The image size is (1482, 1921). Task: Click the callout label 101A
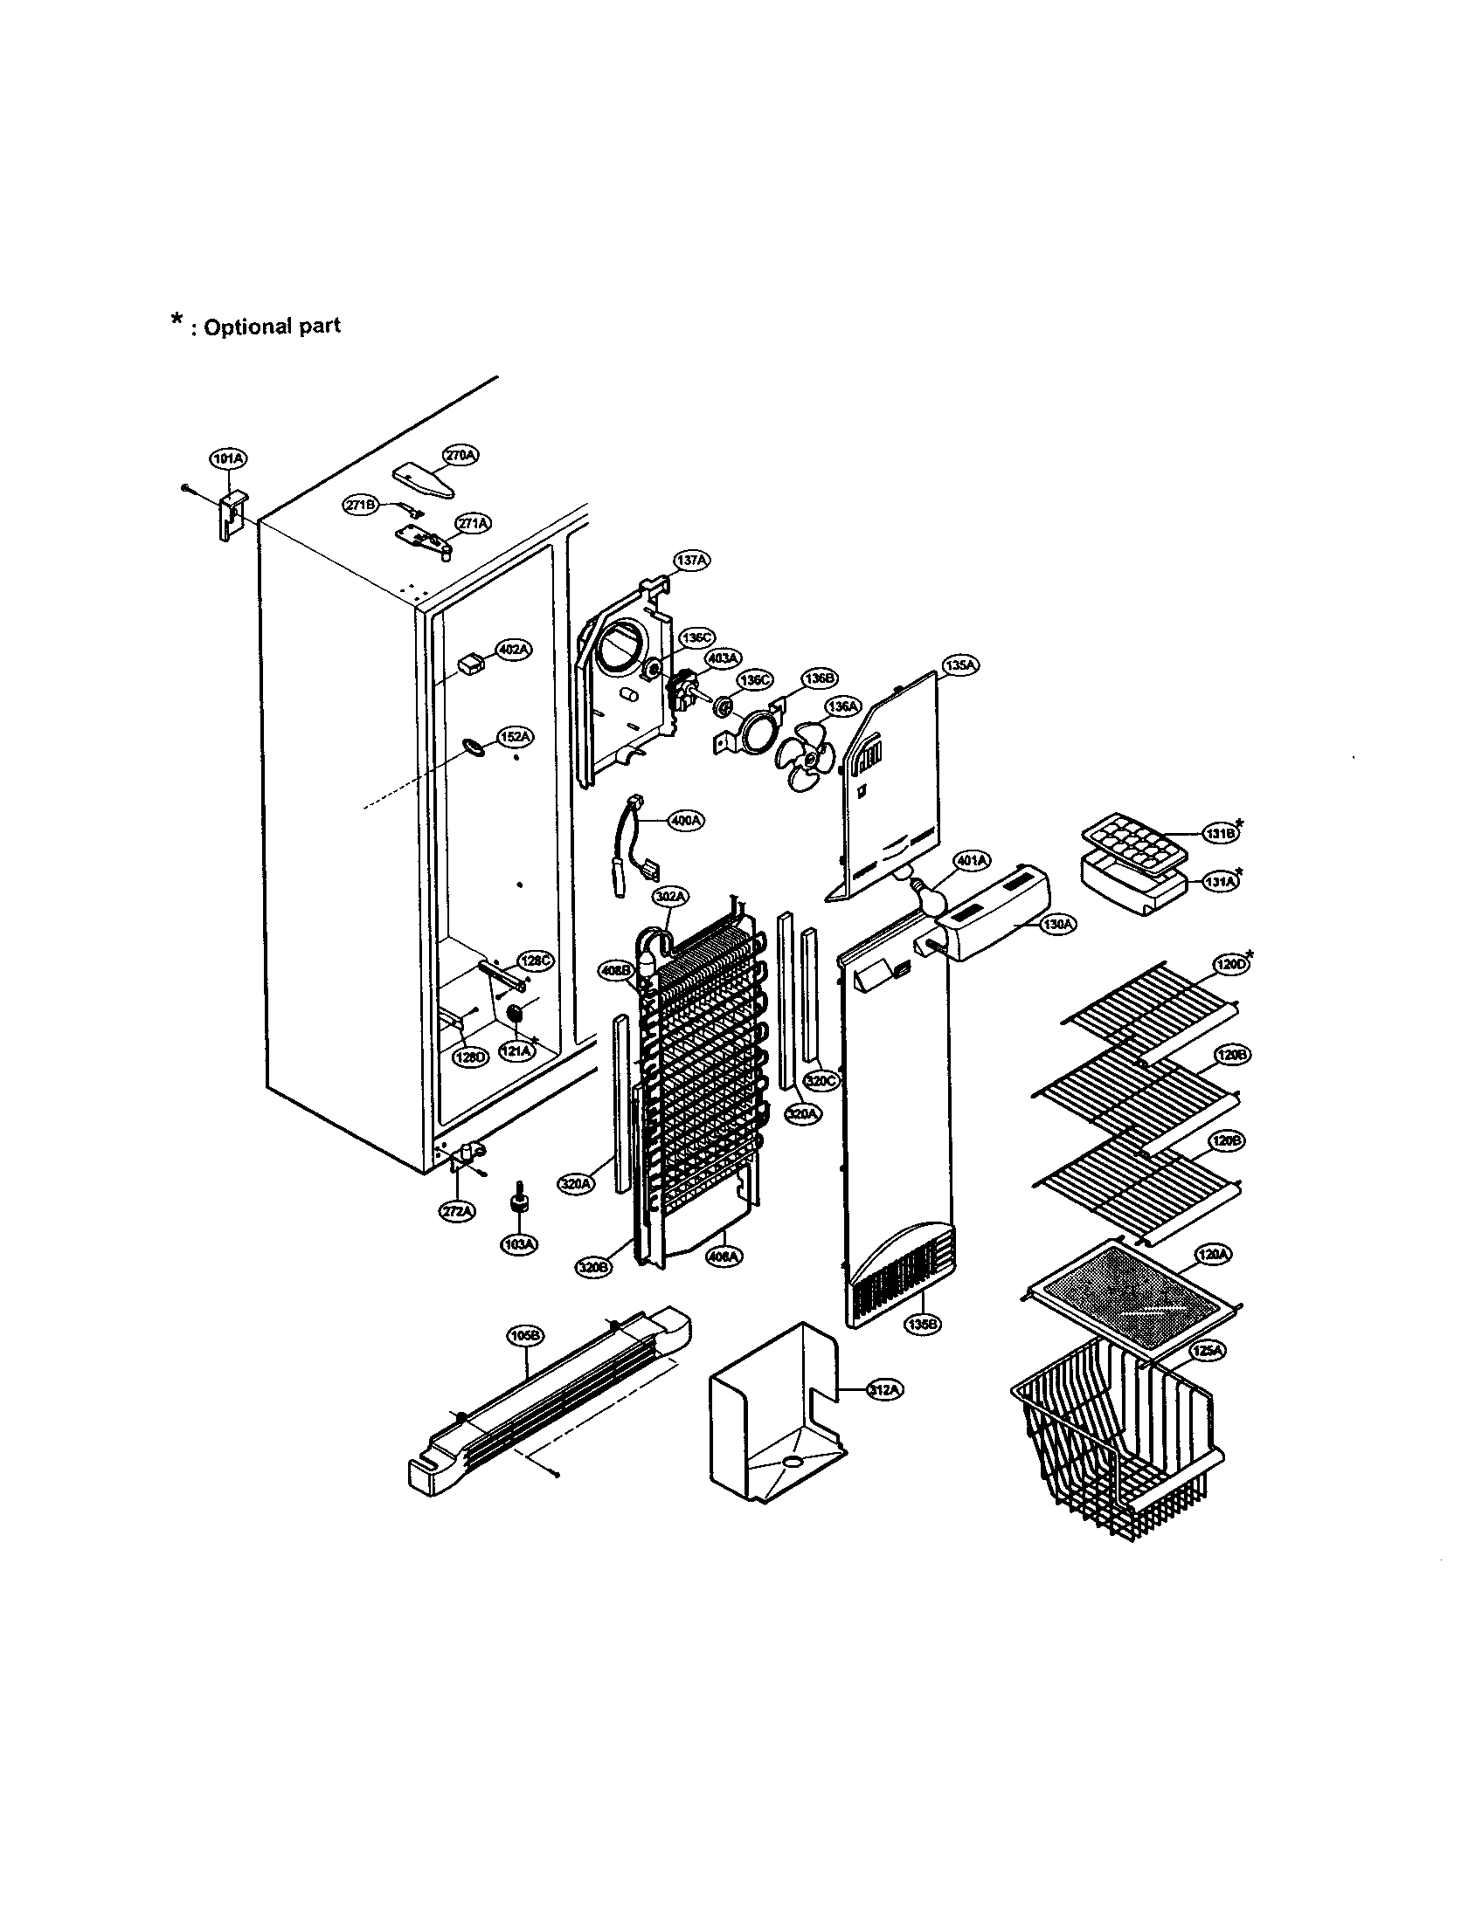[x=228, y=458]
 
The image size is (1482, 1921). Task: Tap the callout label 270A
[x=461, y=455]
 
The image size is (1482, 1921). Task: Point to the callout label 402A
[x=514, y=649]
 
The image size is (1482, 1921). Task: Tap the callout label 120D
[x=1229, y=965]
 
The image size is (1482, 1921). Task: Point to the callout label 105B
[x=526, y=1336]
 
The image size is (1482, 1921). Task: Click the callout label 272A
[x=457, y=1211]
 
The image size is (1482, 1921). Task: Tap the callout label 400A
[x=687, y=820]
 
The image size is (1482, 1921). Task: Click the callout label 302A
[x=669, y=896]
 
